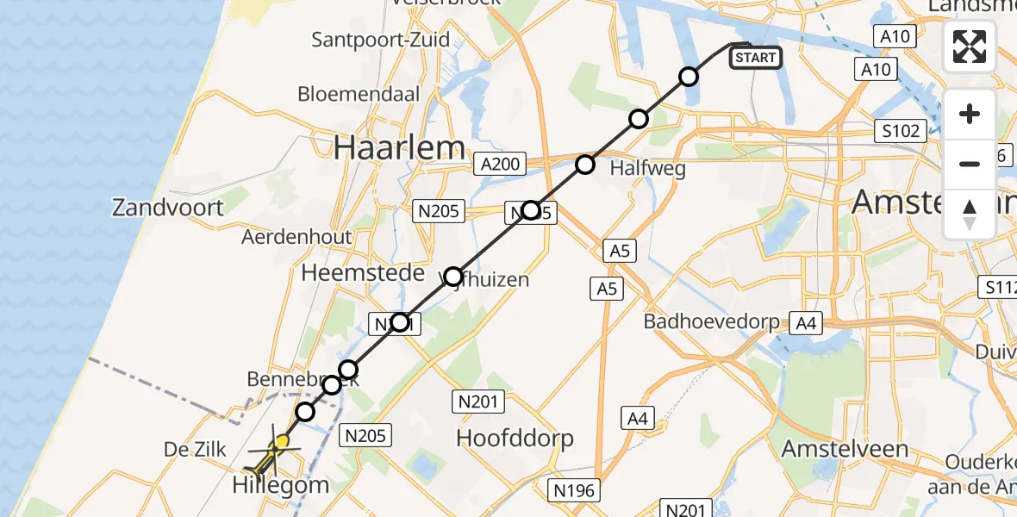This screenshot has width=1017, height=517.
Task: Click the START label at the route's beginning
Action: click(x=756, y=58)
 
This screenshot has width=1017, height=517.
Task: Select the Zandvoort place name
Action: click(x=168, y=207)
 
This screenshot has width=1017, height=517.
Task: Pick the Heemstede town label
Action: click(x=363, y=273)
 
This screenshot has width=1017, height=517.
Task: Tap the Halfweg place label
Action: click(x=647, y=168)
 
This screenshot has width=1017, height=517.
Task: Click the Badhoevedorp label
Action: click(x=712, y=322)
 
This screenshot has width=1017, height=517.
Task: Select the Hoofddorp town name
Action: click(x=515, y=438)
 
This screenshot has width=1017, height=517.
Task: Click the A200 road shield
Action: click(x=499, y=164)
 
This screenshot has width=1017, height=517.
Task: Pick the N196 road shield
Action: click(x=575, y=490)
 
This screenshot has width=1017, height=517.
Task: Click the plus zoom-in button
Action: click(x=970, y=115)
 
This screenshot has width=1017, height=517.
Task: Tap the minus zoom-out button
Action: click(x=970, y=164)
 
